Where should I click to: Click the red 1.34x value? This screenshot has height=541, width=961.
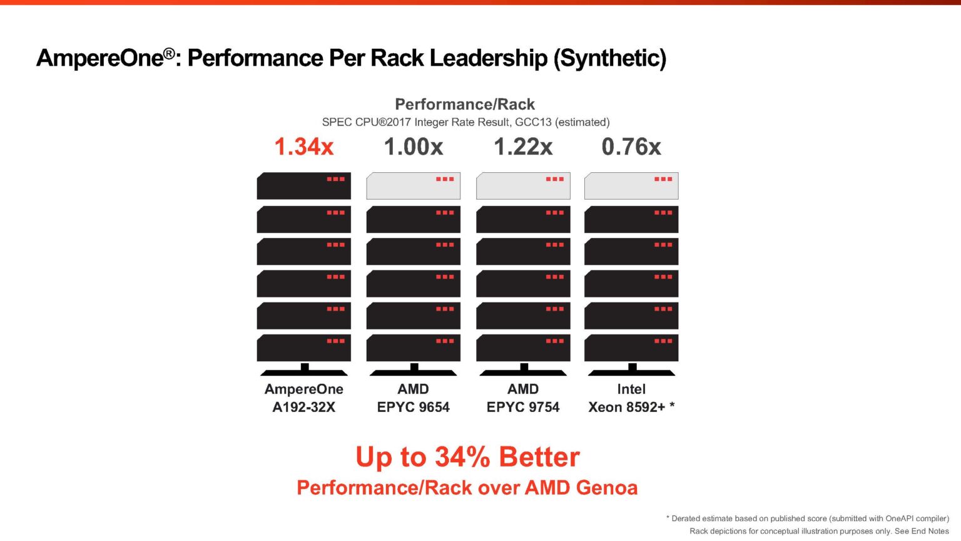pos(304,147)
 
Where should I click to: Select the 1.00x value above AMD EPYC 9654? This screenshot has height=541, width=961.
pos(413,147)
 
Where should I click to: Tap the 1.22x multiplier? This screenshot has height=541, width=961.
pos(523,147)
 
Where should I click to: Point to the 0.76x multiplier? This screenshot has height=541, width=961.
pos(631,147)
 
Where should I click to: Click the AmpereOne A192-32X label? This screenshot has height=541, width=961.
pos(304,398)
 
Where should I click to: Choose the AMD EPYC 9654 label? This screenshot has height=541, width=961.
pos(413,398)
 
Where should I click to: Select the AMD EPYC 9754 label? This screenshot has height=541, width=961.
pos(523,398)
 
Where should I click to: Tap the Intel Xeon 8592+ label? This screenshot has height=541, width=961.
pos(631,398)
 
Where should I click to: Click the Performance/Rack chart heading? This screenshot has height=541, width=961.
pos(465,104)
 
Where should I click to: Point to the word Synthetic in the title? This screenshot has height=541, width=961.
pos(610,58)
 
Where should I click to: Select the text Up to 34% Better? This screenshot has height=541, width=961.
pos(467,457)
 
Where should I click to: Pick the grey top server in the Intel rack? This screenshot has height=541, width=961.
pos(631,186)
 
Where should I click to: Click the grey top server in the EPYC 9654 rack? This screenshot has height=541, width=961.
pos(413,186)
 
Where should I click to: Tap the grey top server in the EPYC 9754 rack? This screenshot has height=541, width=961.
pos(523,186)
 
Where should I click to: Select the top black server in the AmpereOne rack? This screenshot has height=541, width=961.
pos(304,186)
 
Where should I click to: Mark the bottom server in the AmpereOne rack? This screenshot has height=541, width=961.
pos(304,348)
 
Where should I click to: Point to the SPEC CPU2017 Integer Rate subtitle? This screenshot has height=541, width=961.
pos(465,122)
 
